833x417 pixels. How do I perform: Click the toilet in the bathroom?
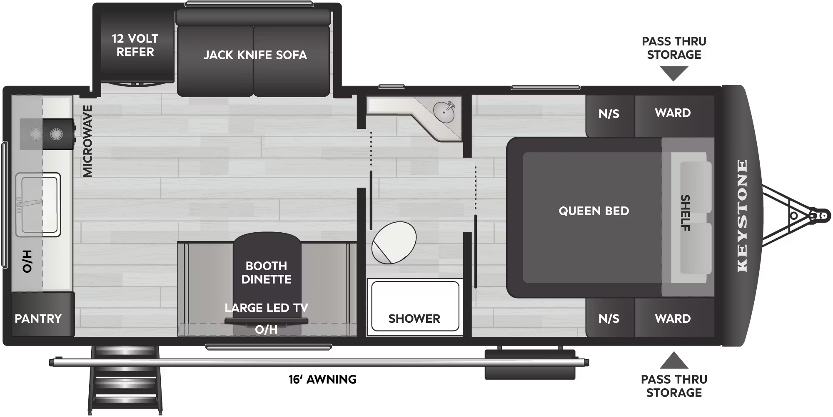(x=394, y=242)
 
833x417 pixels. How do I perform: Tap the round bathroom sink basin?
(x=444, y=111)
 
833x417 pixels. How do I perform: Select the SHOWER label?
(x=414, y=319)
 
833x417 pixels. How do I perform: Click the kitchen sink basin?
(x=37, y=204)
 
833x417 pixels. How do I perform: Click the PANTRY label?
(x=38, y=319)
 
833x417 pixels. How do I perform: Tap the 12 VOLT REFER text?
(x=135, y=45)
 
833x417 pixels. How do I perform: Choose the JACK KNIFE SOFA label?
(x=255, y=55)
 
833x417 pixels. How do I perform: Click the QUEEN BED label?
(x=594, y=211)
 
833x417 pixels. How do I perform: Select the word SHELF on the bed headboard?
(x=685, y=213)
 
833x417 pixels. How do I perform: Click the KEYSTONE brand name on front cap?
(x=742, y=216)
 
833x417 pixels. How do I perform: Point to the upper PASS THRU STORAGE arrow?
(x=674, y=74)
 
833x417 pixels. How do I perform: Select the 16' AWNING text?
(x=322, y=379)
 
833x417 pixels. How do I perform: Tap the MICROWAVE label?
(x=87, y=141)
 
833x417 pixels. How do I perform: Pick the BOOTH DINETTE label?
(x=266, y=272)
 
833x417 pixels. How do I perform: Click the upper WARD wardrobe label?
(x=673, y=113)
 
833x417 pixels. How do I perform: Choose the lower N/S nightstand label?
(x=609, y=319)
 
